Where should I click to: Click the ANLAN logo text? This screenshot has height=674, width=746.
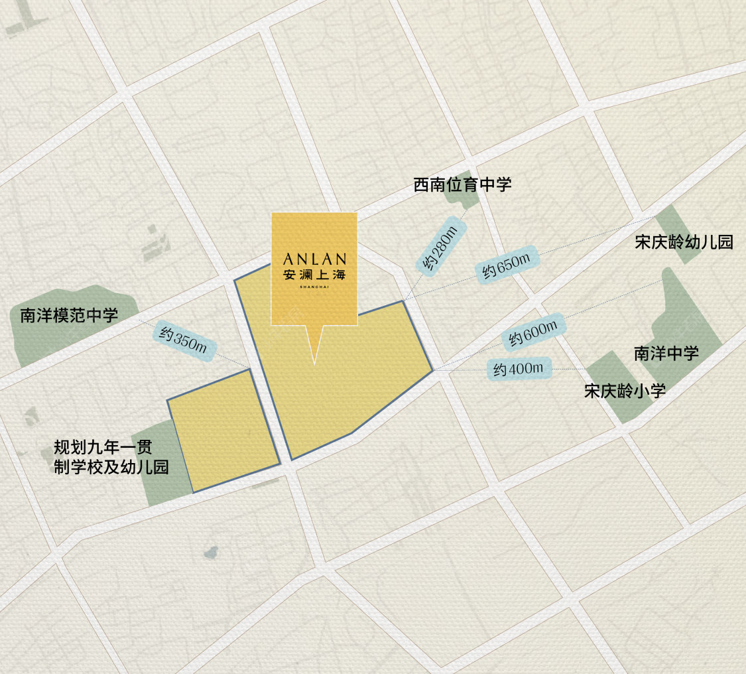(314, 258)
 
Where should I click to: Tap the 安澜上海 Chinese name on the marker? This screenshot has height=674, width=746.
(314, 273)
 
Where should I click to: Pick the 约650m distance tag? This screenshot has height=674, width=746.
(506, 266)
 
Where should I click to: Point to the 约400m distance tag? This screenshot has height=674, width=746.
(519, 368)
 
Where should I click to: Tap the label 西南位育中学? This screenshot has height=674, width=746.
(462, 184)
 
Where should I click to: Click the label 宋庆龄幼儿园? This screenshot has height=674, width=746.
(684, 242)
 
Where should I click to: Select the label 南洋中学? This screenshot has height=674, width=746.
(666, 353)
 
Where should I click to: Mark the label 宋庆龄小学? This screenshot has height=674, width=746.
(624, 391)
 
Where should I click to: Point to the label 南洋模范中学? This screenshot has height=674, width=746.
(69, 314)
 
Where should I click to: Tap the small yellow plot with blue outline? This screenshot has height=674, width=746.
(223, 431)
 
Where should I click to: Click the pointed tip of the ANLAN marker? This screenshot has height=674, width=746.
(314, 362)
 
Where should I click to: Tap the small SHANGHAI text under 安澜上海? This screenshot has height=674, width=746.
(314, 287)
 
